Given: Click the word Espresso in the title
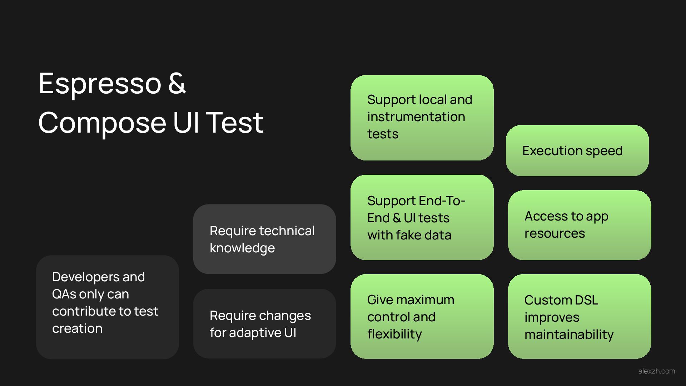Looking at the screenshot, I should pyautogui.click(x=100, y=83).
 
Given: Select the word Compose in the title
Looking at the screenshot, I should pyautogui.click(x=102, y=123).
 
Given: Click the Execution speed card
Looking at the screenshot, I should pyautogui.click(x=577, y=150).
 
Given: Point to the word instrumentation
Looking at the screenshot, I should pyautogui.click(x=416, y=117).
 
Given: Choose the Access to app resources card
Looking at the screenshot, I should pyautogui.click(x=579, y=225).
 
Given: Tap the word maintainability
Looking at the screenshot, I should pyautogui.click(x=569, y=335).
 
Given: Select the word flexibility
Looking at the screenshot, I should pyautogui.click(x=394, y=334).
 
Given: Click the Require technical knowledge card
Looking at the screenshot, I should pyautogui.click(x=264, y=239).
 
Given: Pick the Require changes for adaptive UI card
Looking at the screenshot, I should pyautogui.click(x=264, y=324).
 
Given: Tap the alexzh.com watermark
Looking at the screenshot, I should pyautogui.click(x=656, y=371).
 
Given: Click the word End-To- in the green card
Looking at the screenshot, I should pyautogui.click(x=442, y=201).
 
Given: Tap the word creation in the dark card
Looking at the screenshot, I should pyautogui.click(x=77, y=328).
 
